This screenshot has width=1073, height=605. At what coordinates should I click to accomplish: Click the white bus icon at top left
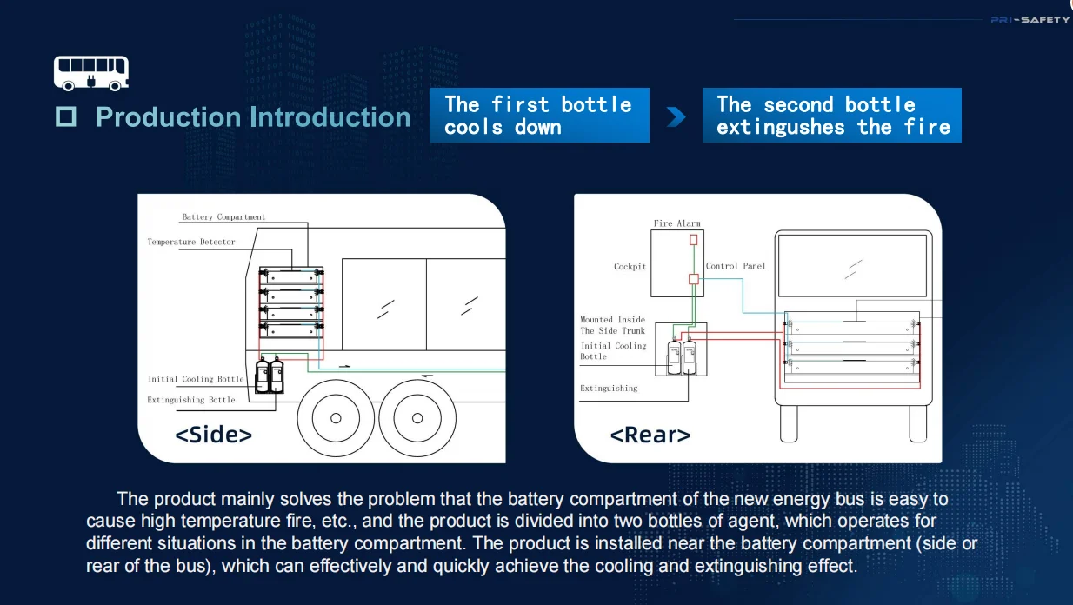(x=91, y=73)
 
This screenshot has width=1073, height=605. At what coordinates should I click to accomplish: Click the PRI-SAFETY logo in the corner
(x=1030, y=20)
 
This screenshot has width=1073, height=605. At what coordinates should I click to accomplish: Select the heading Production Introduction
(x=252, y=117)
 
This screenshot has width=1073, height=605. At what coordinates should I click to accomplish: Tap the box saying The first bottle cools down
(x=538, y=116)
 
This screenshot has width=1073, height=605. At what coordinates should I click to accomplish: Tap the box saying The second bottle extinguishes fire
(x=832, y=116)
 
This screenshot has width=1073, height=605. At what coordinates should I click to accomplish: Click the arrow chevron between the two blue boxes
(x=676, y=116)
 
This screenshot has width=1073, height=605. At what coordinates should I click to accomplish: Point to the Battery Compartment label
(x=223, y=217)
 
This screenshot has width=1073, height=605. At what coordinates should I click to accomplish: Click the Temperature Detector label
(x=191, y=243)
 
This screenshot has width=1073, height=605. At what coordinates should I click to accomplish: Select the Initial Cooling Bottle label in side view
(x=196, y=380)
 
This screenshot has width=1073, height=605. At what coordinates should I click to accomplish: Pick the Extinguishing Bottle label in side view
(x=191, y=400)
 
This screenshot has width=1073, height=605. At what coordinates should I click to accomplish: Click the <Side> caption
(x=214, y=435)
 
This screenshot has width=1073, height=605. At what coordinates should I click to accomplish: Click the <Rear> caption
(x=650, y=435)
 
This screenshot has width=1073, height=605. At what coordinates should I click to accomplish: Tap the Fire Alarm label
(x=676, y=223)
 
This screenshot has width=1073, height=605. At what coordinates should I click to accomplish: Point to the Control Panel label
(x=736, y=266)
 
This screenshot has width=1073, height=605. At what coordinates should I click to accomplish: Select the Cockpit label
(x=630, y=267)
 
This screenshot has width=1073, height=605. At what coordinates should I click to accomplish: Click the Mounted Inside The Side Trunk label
(x=613, y=325)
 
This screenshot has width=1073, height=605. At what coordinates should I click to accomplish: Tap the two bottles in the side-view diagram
(x=270, y=376)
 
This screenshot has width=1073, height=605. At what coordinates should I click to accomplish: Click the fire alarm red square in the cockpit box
(x=694, y=239)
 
